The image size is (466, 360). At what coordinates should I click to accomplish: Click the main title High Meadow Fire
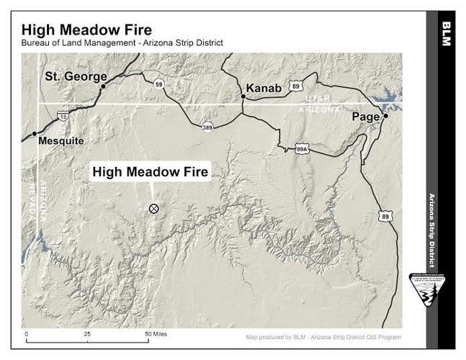click(x=86, y=30)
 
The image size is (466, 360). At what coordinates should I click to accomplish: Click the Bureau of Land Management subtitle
click(x=122, y=43)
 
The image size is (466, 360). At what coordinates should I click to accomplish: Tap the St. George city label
click(x=76, y=76)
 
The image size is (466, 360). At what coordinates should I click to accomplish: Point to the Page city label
click(x=366, y=117)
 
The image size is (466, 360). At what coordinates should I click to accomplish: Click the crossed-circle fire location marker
click(x=153, y=209)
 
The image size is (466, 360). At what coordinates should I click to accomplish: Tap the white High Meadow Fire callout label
click(x=150, y=172)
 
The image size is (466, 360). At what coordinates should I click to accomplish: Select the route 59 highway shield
click(x=158, y=84)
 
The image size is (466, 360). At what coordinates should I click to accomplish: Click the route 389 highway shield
click(x=207, y=126)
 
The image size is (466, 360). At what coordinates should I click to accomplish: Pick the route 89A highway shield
click(x=303, y=149)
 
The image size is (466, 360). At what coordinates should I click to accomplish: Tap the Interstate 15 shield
click(x=63, y=116)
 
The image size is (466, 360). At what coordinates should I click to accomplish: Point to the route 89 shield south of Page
click(x=386, y=216)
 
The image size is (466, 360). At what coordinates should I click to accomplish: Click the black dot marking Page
click(x=386, y=116)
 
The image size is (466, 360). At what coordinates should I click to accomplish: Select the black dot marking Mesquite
click(x=34, y=134)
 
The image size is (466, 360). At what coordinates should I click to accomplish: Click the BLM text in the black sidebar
click(x=446, y=34)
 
